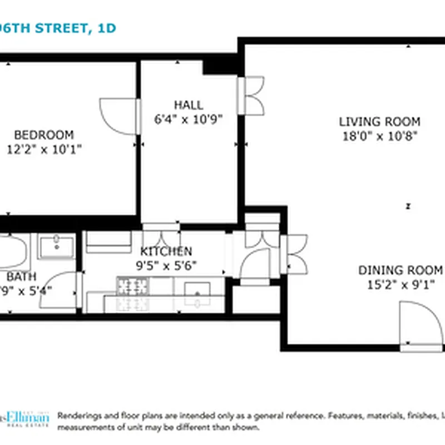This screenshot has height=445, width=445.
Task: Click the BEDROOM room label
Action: pyautogui.click(x=44, y=135)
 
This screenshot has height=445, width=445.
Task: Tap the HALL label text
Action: pyautogui.click(x=189, y=105)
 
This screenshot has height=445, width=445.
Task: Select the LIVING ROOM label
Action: pyautogui.click(x=379, y=121)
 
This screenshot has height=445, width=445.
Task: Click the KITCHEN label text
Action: pyautogui.click(x=166, y=251)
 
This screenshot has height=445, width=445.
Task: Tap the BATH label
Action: pyautogui.click(x=21, y=276)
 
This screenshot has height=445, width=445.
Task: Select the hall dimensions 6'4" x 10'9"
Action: pyautogui.click(x=189, y=118)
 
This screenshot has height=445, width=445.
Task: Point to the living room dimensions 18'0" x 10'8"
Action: pyautogui.click(x=379, y=135)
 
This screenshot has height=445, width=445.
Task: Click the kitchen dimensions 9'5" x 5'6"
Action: pyautogui.click(x=166, y=265)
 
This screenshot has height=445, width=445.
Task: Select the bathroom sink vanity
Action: pyautogui.click(x=56, y=245)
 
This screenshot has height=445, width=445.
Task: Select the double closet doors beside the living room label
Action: pyautogui.click(x=251, y=96)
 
